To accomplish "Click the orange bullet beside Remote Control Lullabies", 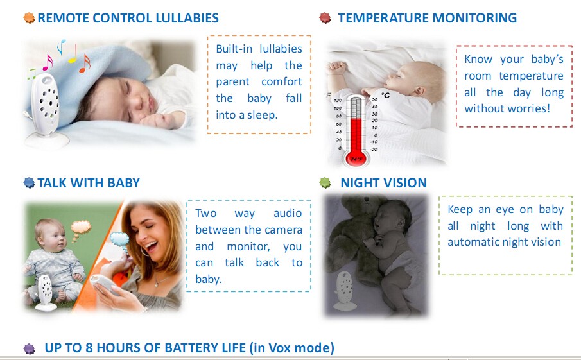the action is tap(29, 18).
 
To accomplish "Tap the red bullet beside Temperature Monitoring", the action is tap(325, 18).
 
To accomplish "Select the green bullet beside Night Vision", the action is tap(325, 183).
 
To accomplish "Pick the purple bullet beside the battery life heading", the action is tap(30, 348).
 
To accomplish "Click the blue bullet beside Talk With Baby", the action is tap(29, 183).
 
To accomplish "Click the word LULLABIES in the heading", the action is tap(187, 18).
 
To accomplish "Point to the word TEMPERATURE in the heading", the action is tap(383, 18).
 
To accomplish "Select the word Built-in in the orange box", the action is tap(234, 49).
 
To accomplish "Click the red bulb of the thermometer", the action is tap(356, 157).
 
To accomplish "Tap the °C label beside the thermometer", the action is tap(385, 96).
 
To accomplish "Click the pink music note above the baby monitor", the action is tap(48, 62).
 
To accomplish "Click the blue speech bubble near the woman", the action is tap(119, 239).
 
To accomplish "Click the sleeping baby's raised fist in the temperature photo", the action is tap(336, 68).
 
